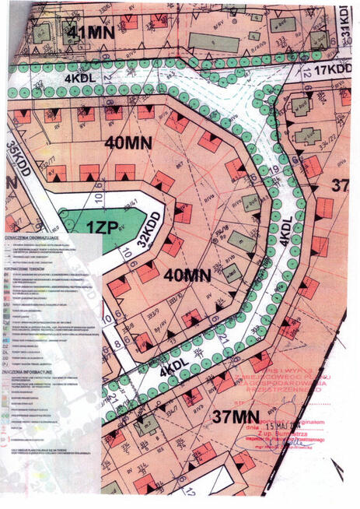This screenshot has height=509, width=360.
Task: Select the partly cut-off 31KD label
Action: (x=347, y=27)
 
